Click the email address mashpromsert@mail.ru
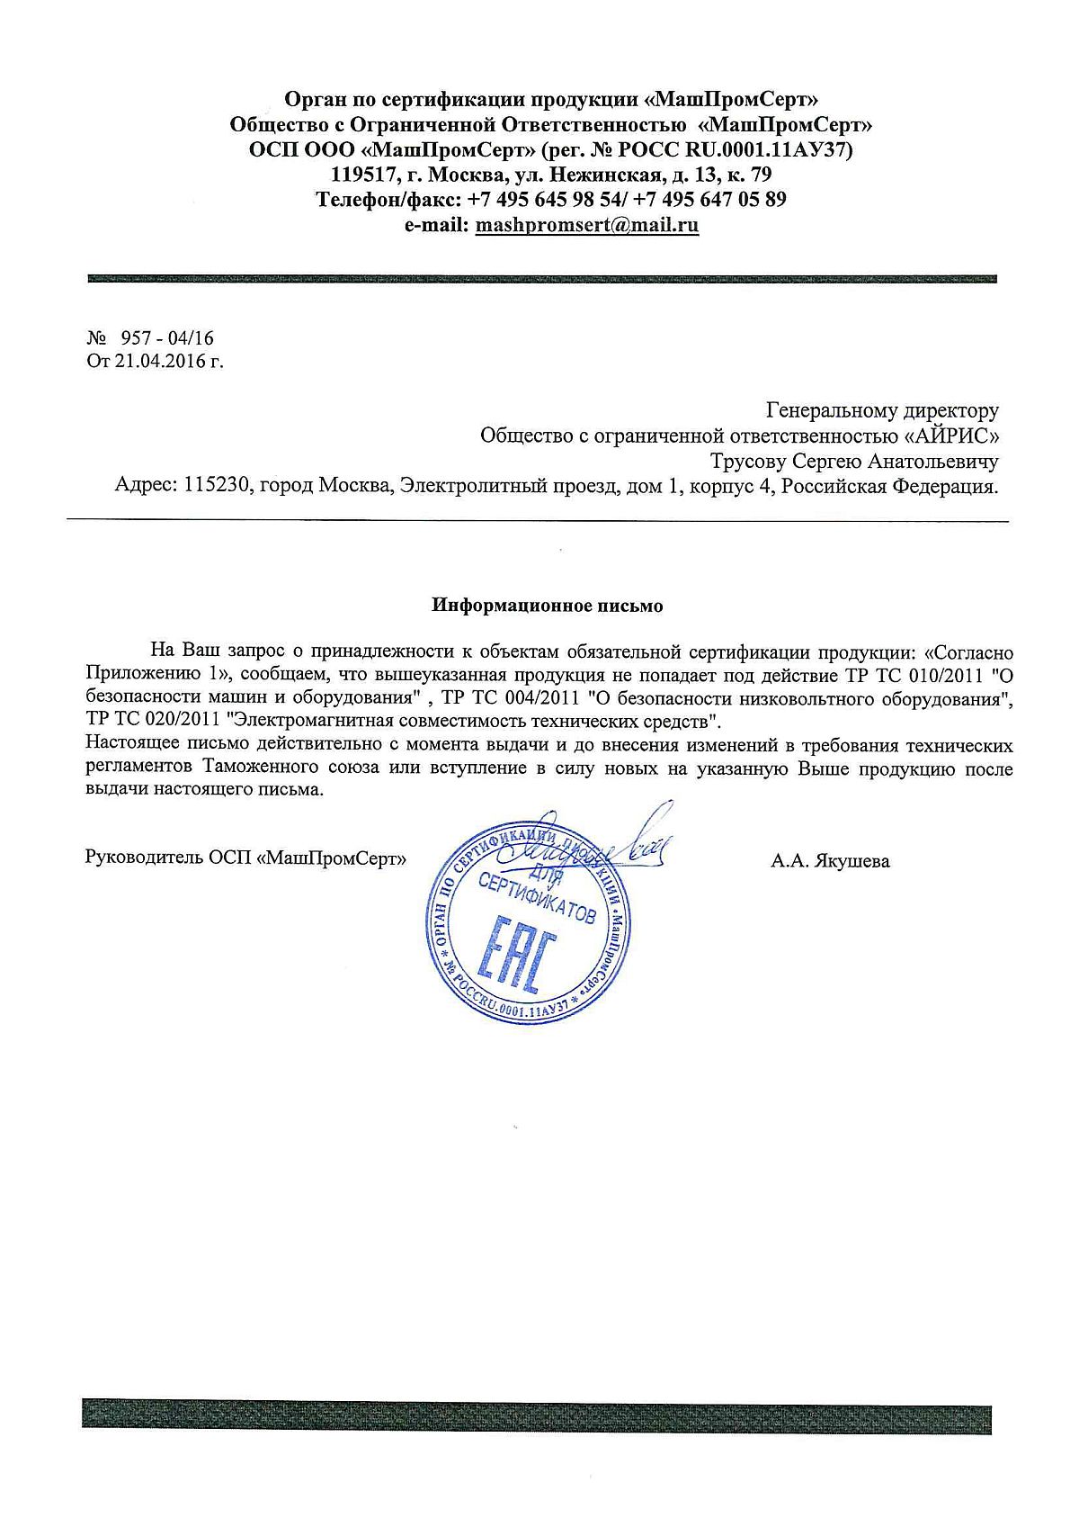tap(586, 225)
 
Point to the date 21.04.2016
tap(162, 362)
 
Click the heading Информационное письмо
tap(548, 606)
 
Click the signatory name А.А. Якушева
tap(830, 861)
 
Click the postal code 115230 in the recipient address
tap(218, 487)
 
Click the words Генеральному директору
tap(882, 411)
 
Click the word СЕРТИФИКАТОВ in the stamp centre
tap(537, 899)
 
